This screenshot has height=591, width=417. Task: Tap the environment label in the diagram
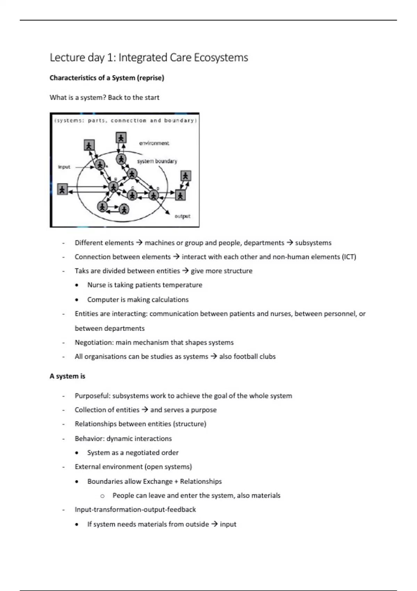pos(154,143)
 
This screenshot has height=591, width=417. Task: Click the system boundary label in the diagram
pos(157,161)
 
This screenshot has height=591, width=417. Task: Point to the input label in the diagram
pos(64,167)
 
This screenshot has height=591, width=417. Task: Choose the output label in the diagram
pos(182,216)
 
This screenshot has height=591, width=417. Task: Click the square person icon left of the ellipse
pos(62,189)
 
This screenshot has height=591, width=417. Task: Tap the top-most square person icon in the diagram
pos(121,138)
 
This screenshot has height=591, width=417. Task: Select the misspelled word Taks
pos(82,271)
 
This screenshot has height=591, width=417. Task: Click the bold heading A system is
pos(67,376)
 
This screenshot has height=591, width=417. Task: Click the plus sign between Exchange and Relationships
pos(176,481)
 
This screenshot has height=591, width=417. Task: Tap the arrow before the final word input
pos(214,524)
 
